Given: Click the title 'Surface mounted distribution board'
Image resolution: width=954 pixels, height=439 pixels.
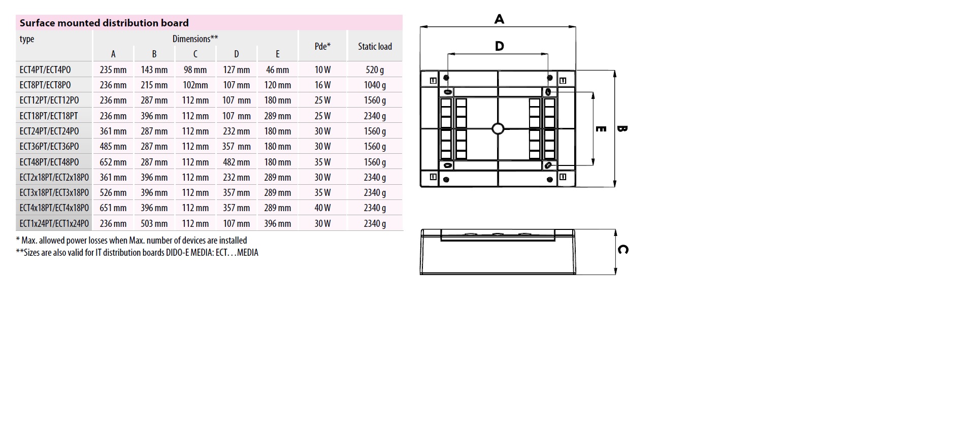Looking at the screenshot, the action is click(104, 23).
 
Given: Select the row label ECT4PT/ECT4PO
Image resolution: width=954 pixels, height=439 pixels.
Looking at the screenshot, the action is click(45, 70).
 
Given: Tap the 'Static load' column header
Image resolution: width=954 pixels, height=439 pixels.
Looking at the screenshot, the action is click(375, 46).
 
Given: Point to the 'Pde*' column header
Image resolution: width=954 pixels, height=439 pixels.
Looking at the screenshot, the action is click(322, 46).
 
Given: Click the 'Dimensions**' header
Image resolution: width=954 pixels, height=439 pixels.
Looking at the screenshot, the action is click(195, 39).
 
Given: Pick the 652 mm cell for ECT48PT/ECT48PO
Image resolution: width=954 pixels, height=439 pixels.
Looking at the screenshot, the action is click(113, 162).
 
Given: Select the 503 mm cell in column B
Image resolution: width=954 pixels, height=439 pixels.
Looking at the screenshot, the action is click(154, 223).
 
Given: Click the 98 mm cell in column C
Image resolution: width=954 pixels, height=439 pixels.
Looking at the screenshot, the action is click(195, 70).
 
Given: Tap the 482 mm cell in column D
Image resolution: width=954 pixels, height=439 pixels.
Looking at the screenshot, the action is click(237, 162).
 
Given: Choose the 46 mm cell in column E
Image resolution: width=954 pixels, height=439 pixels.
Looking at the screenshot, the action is click(278, 70).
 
